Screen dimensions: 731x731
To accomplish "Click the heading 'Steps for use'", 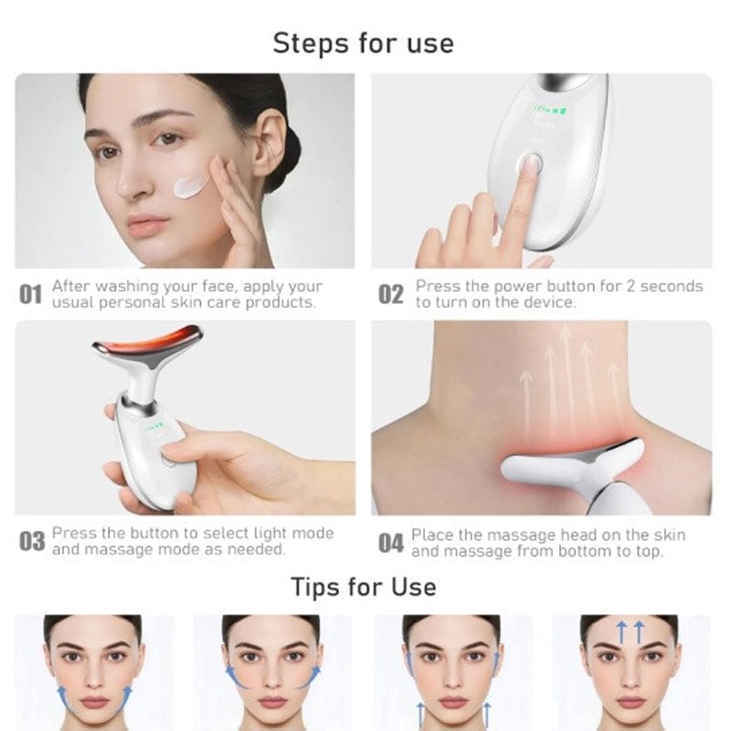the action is coord(363,43).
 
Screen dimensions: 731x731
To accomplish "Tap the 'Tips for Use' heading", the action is coord(364,587).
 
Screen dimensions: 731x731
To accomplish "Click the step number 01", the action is coord(31,294).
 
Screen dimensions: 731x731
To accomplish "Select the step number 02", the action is coord(391,294).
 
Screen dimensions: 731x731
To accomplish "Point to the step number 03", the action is coord(32,542).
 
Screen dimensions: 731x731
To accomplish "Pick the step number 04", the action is coord(391,543).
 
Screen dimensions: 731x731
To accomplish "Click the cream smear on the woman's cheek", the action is coord(190,186).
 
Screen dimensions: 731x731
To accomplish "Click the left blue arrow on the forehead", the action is coord(620,631).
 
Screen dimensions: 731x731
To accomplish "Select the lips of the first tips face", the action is coord(94,702).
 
